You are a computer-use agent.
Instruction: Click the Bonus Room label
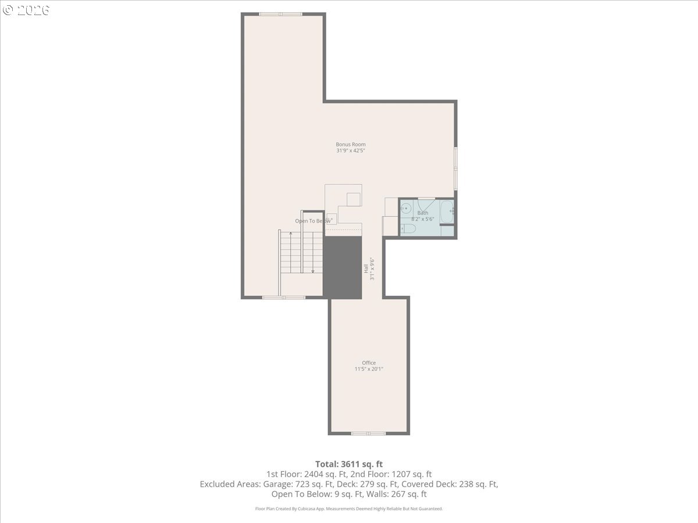[350, 144]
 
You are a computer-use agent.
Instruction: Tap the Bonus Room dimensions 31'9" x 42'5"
[350, 151]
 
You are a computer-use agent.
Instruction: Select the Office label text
[369, 363]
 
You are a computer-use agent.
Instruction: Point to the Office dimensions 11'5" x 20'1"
[369, 369]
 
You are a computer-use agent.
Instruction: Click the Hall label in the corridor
[366, 268]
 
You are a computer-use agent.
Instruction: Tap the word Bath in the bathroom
[422, 213]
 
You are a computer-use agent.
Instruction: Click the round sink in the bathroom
[407, 208]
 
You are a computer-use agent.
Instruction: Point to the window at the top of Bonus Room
[280, 14]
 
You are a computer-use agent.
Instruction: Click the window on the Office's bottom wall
[368, 433]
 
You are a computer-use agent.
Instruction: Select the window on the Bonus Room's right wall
[455, 169]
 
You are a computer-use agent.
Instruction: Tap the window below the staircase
[283, 298]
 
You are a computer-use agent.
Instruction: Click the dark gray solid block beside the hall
[343, 267]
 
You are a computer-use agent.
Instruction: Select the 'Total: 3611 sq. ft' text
[349, 464]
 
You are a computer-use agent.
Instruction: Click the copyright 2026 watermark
[26, 10]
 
